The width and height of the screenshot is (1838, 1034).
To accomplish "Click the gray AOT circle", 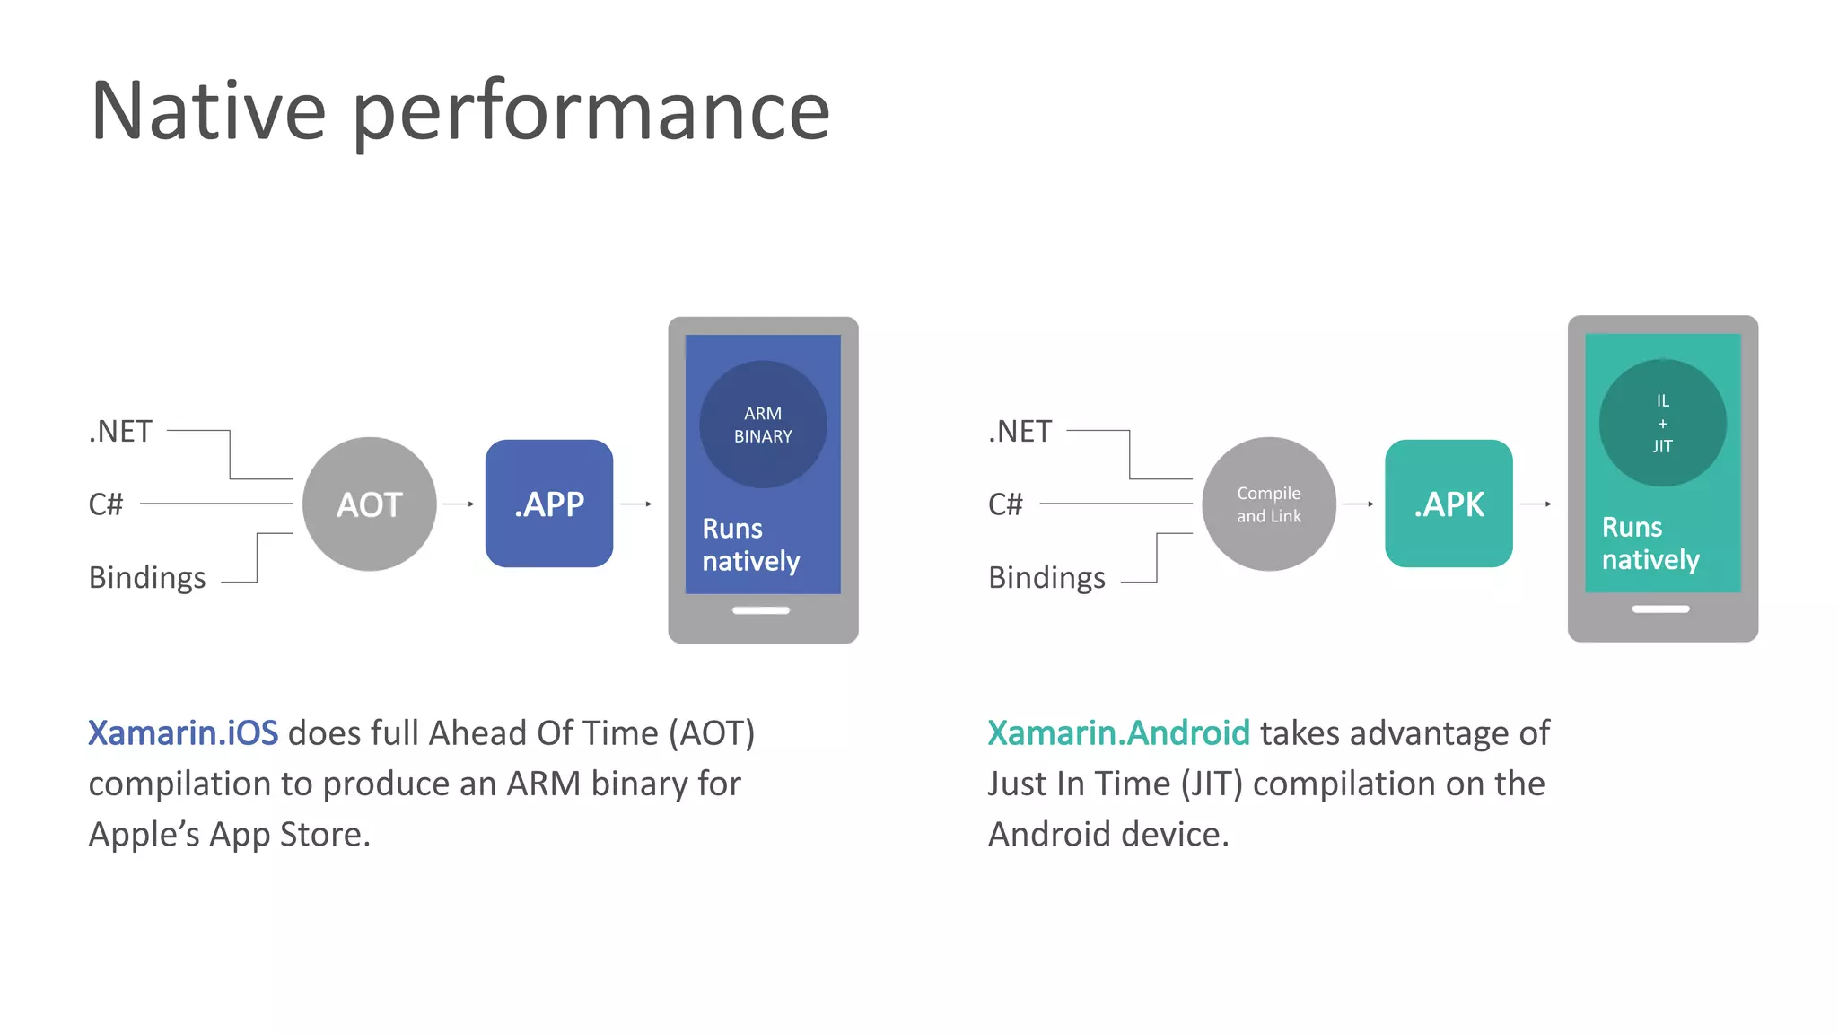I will point(369,504).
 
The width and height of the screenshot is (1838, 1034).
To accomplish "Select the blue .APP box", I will point(548,504).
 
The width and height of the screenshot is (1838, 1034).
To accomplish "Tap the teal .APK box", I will point(1449,504).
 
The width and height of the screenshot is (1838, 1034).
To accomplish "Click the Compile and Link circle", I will point(1268,504).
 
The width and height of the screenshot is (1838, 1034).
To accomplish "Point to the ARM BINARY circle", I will point(763,425).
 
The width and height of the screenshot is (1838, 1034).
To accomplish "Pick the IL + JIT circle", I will point(1662,423).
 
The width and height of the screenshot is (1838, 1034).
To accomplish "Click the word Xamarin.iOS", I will point(183,733).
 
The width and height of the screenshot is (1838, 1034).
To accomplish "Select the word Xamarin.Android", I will point(1118,733).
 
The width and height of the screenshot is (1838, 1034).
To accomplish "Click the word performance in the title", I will point(591,113).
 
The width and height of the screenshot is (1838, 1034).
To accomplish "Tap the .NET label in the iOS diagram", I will point(120,432).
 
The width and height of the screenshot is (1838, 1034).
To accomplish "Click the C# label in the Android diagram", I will point(1005,504).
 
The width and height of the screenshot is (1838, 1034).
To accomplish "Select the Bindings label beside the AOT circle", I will point(147,578).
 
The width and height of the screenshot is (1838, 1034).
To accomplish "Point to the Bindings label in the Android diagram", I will point(1046,578).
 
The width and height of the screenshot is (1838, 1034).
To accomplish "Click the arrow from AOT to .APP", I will point(459,504).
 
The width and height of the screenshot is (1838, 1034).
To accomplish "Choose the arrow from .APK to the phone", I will point(1536,504).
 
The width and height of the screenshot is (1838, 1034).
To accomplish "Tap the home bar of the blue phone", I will point(760,610).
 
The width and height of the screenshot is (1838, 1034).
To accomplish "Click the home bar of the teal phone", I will point(1660,609).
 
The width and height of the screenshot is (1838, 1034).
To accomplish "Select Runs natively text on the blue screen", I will point(750,545).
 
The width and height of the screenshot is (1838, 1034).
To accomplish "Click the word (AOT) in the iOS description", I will point(712,733).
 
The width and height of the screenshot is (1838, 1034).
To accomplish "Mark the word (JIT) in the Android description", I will point(1212,784).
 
